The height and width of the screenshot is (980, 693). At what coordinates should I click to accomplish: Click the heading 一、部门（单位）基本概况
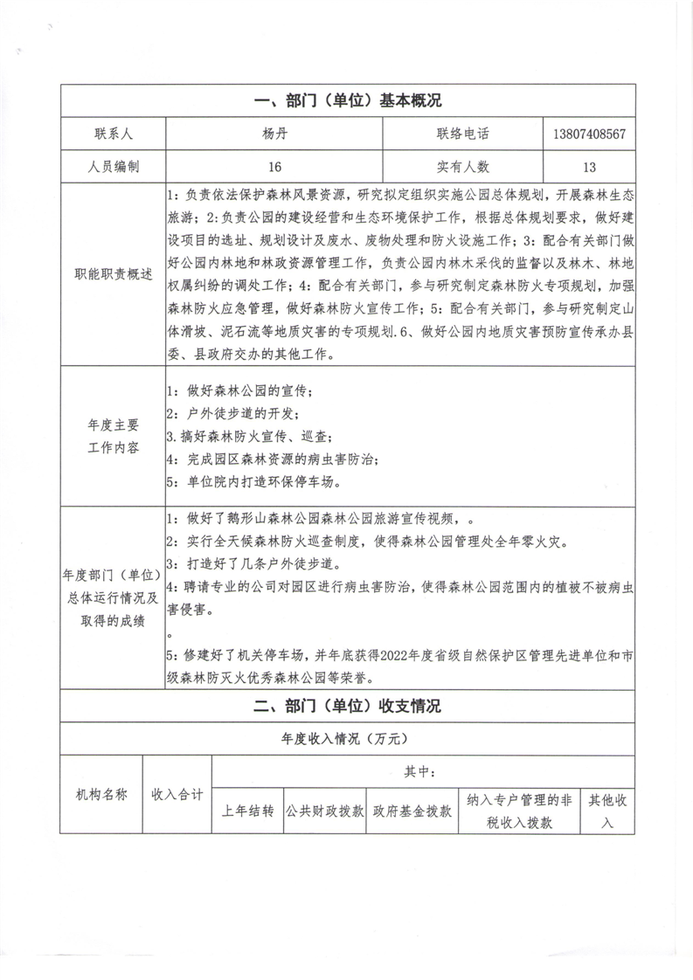[347, 101]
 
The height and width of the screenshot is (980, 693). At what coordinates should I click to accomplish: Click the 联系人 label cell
[112, 135]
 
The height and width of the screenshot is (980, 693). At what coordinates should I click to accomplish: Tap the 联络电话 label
[463, 135]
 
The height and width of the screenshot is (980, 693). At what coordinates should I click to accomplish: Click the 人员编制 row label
[112, 166]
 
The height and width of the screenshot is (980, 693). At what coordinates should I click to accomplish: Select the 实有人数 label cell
[463, 166]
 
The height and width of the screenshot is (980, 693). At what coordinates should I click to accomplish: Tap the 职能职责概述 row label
[112, 275]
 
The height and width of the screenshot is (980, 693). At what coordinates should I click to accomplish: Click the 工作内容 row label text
[112, 448]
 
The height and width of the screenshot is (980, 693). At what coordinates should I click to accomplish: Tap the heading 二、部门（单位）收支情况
[347, 707]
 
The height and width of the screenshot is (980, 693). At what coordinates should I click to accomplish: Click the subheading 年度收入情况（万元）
[346, 739]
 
